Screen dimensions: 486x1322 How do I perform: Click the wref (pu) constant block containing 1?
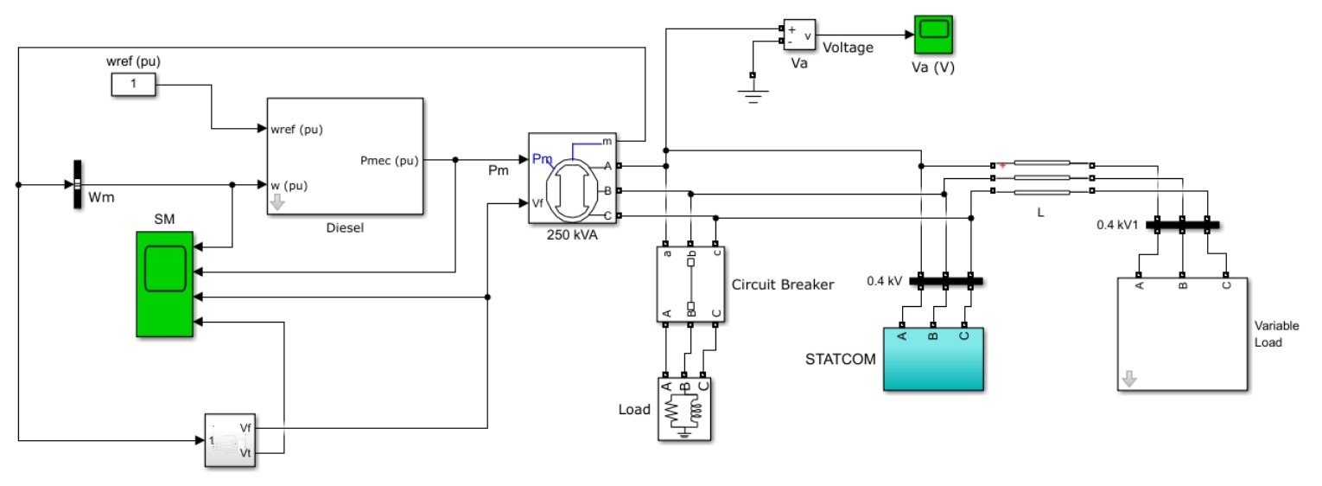coord(132,85)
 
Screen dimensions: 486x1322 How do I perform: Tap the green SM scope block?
coord(165,284)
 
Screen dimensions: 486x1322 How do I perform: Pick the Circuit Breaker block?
coord(690,284)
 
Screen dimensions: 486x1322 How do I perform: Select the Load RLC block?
coord(684,409)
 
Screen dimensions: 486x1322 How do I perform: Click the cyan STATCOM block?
coord(933,359)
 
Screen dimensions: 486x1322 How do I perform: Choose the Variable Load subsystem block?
coord(1181,334)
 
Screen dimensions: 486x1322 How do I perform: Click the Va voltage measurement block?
coord(799,35)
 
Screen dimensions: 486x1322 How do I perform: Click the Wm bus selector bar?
coord(76,184)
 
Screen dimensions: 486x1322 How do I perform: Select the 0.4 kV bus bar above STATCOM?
coord(946,280)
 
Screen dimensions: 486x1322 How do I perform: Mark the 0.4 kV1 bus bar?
coord(1182,225)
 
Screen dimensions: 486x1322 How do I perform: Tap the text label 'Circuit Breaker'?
coord(783,284)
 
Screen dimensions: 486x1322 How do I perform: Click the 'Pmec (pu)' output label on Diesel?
coord(389,160)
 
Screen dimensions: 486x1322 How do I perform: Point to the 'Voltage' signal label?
coord(848,48)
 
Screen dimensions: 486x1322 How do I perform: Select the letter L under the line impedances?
coord(1040,210)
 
